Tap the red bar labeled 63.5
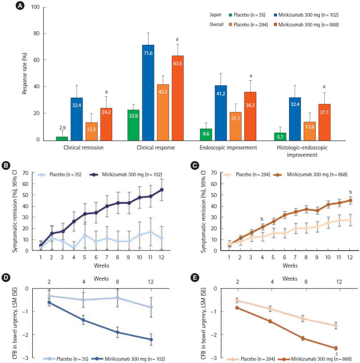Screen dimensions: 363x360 click(x=177, y=98)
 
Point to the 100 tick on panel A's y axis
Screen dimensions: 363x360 click(x=37, y=8)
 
